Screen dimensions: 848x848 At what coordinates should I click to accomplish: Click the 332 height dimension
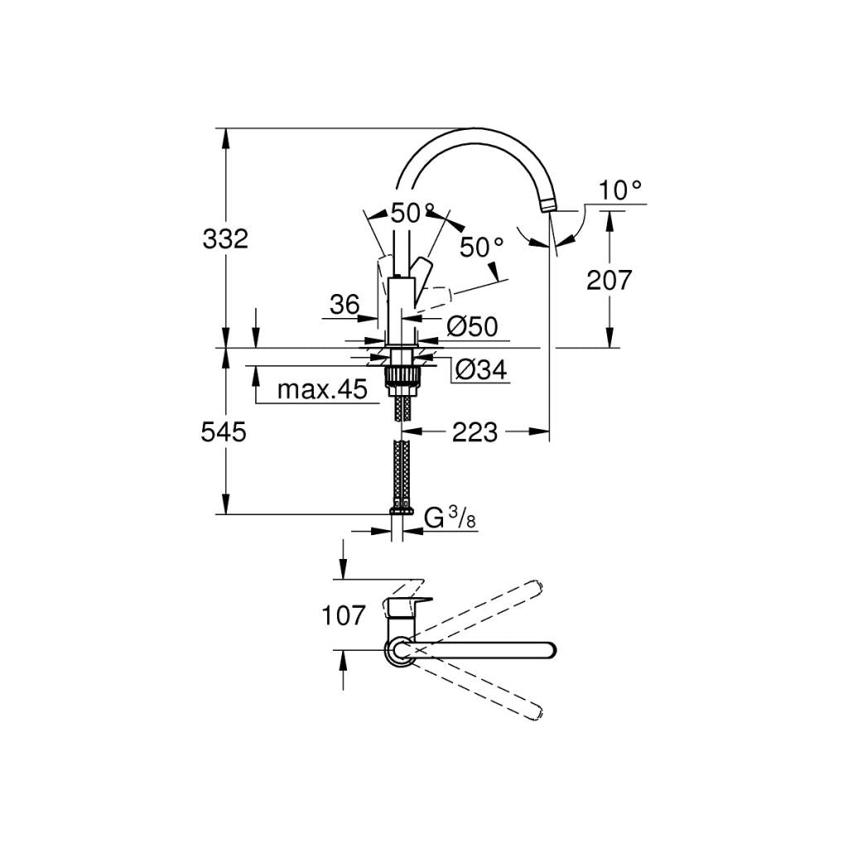click(225, 239)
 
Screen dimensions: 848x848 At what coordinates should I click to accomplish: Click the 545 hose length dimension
click(224, 431)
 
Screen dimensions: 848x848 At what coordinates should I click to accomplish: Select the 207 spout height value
click(609, 280)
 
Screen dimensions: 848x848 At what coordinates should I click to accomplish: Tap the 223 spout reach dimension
click(475, 431)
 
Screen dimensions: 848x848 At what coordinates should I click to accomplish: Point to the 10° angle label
click(620, 191)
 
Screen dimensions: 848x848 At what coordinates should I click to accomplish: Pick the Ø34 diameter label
click(480, 370)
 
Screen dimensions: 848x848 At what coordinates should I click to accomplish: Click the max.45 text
click(321, 389)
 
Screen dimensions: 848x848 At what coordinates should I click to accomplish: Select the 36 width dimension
click(344, 305)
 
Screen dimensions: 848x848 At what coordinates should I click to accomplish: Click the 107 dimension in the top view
click(344, 614)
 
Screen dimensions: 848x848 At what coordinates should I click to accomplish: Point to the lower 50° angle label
click(481, 246)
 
